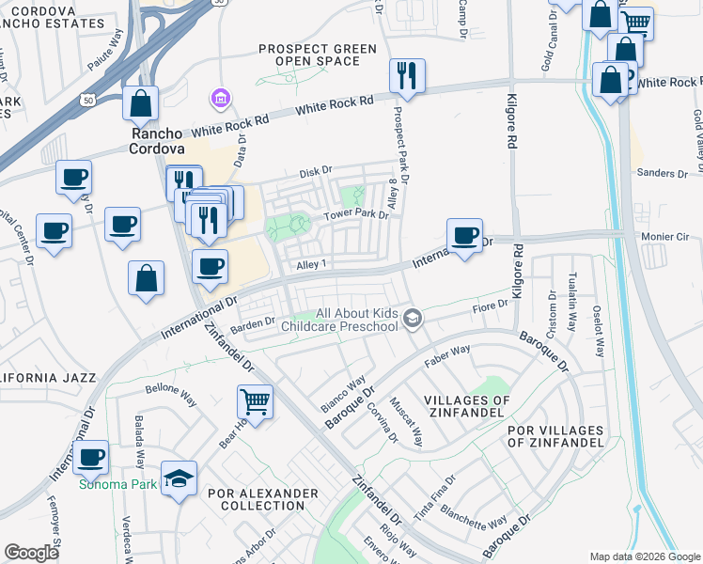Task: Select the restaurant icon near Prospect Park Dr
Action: pyautogui.click(x=407, y=76)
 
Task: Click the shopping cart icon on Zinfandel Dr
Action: pyautogui.click(x=255, y=401)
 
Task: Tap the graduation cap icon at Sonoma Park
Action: pyautogui.click(x=179, y=478)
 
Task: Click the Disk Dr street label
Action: pyautogui.click(x=316, y=171)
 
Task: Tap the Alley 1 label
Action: pyautogui.click(x=311, y=266)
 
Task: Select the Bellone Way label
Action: pyautogui.click(x=170, y=388)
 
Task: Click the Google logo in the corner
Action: pyautogui.click(x=31, y=553)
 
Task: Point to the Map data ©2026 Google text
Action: pyautogui.click(x=644, y=556)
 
